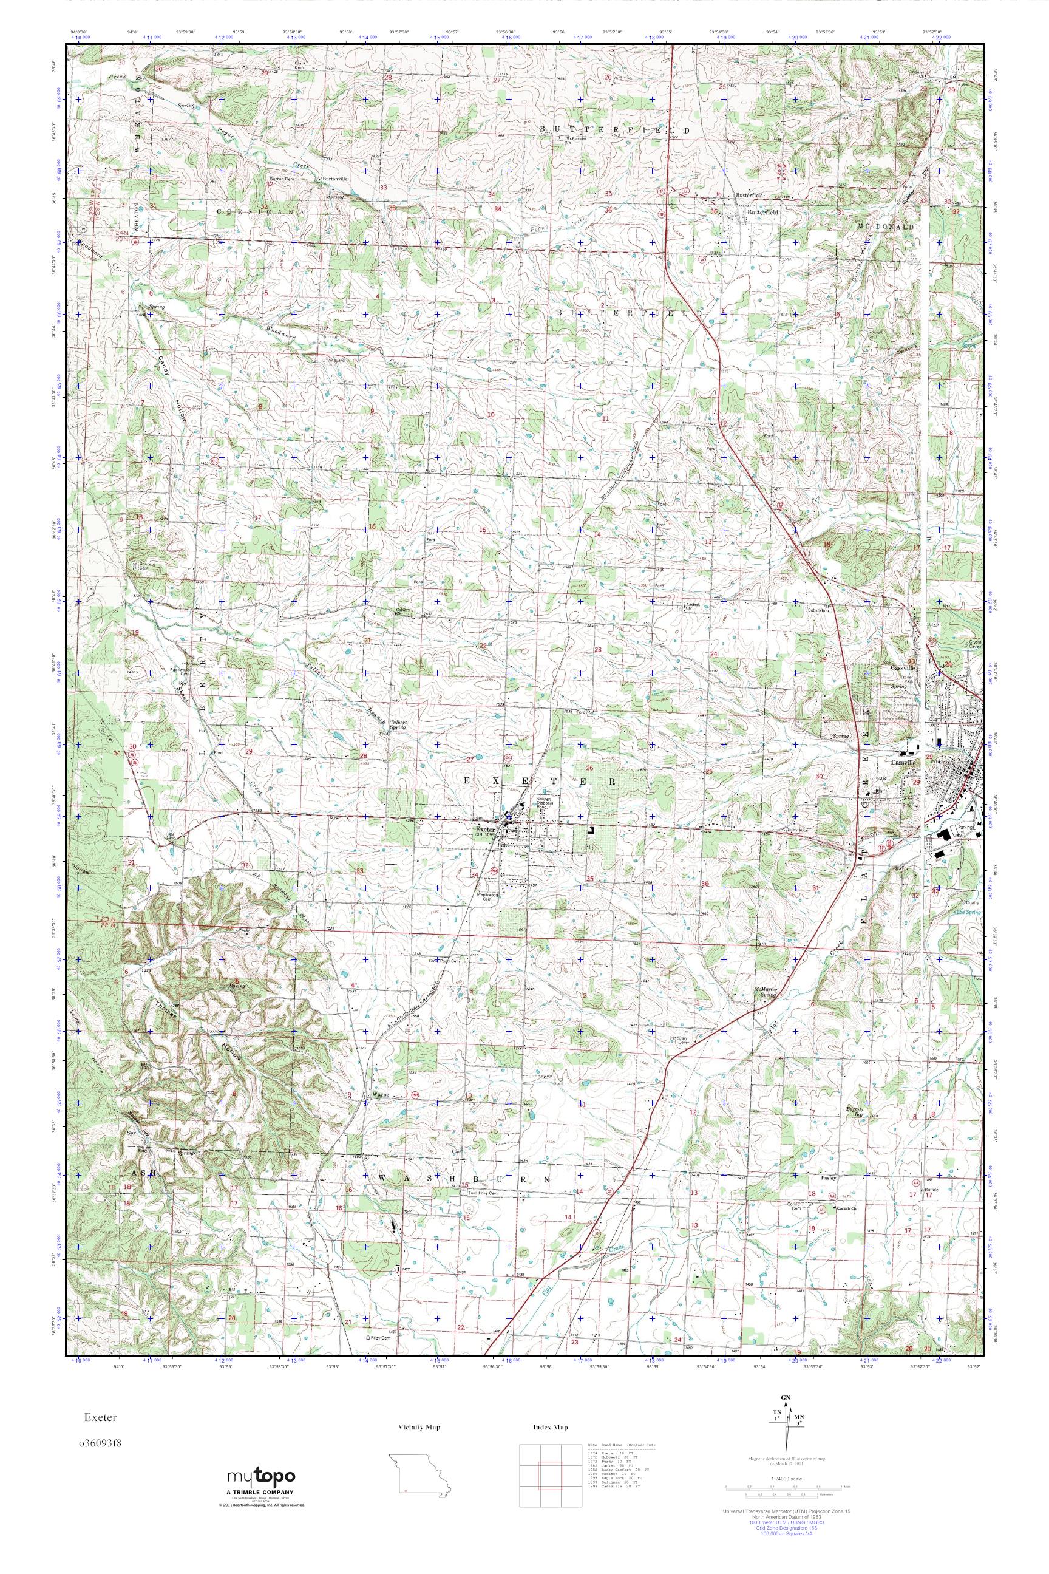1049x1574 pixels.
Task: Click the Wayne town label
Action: pyautogui.click(x=379, y=1095)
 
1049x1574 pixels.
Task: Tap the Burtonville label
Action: pyautogui.click(x=334, y=179)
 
